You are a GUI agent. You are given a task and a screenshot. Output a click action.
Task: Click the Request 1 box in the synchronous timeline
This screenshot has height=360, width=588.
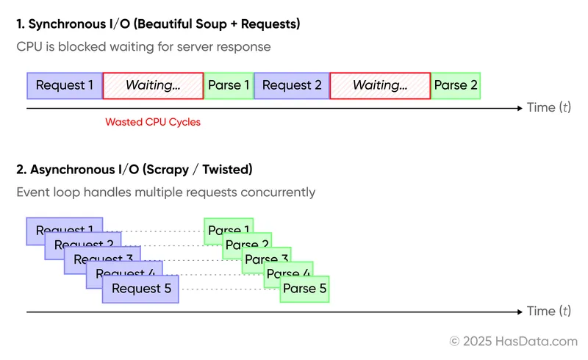[65, 85]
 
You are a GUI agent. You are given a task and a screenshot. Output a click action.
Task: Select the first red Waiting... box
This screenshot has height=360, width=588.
[153, 85]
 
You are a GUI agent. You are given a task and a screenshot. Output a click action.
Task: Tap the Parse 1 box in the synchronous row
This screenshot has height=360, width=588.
[229, 85]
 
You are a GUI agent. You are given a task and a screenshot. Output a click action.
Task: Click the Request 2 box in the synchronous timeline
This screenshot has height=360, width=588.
[292, 85]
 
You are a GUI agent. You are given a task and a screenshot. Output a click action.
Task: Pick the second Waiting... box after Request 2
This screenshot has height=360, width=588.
[380, 85]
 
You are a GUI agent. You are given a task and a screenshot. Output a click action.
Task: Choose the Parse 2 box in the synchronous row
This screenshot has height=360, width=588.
[456, 85]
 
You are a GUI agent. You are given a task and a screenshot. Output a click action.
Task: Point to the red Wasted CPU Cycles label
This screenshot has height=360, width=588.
[153, 122]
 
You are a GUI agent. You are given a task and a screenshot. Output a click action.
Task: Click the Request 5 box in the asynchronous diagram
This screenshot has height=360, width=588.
[141, 289]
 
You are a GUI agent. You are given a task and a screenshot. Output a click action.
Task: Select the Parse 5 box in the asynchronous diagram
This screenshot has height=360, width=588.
[304, 289]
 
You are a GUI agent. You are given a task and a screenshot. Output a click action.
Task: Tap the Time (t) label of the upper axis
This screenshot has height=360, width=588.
[549, 108]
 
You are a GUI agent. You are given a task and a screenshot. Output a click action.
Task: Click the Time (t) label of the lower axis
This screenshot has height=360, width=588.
[549, 312]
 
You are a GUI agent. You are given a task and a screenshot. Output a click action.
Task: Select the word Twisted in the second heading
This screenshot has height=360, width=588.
[226, 170]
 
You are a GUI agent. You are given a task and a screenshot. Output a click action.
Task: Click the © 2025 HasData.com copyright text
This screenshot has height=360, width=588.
[514, 341]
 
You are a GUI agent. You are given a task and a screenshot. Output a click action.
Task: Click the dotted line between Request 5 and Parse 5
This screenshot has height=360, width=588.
[229, 289]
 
